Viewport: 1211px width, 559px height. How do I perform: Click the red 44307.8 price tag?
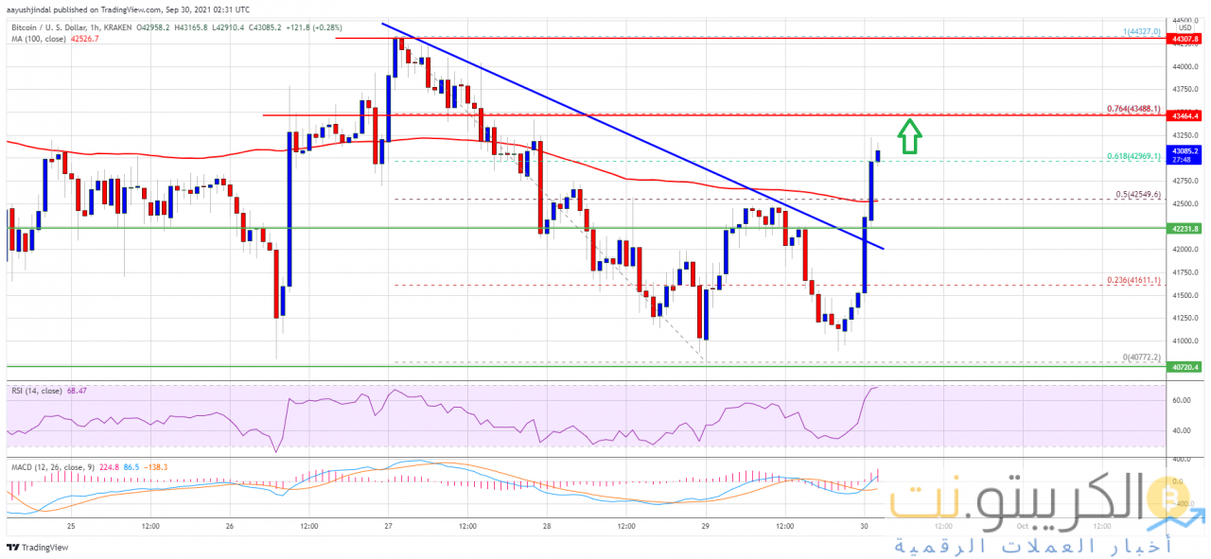click(x=1185, y=39)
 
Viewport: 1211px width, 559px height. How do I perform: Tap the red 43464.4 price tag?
click(x=1185, y=115)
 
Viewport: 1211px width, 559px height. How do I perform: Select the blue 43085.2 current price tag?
click(x=1185, y=150)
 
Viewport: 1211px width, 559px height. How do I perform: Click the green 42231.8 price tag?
click(x=1185, y=228)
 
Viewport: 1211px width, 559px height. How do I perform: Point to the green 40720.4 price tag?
click(x=1185, y=366)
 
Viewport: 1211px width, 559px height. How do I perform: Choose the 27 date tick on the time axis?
click(x=389, y=526)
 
